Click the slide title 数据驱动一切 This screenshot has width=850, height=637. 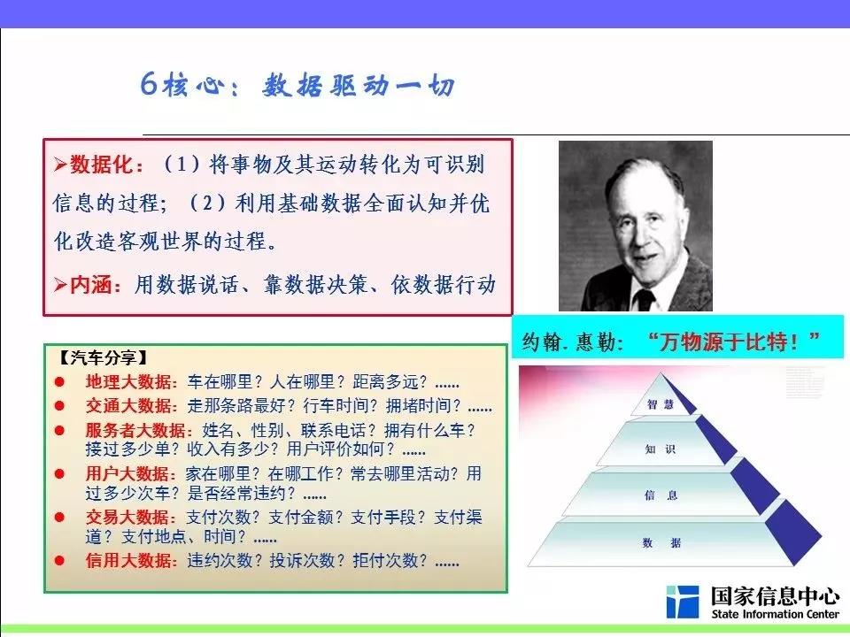click(359, 86)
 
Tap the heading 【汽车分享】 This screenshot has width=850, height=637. click(103, 357)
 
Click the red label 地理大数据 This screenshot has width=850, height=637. click(128, 382)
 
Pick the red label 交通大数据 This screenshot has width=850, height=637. click(128, 406)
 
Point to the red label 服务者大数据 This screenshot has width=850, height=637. click(136, 430)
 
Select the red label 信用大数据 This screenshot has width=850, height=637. click(128, 560)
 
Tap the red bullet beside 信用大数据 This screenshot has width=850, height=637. click(59, 561)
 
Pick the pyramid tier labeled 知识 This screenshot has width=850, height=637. click(661, 446)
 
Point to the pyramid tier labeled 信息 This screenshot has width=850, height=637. click(661, 494)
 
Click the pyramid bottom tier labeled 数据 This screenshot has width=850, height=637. click(661, 542)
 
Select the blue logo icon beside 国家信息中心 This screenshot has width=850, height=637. click(682, 602)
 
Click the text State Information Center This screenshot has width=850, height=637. click(776, 614)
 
